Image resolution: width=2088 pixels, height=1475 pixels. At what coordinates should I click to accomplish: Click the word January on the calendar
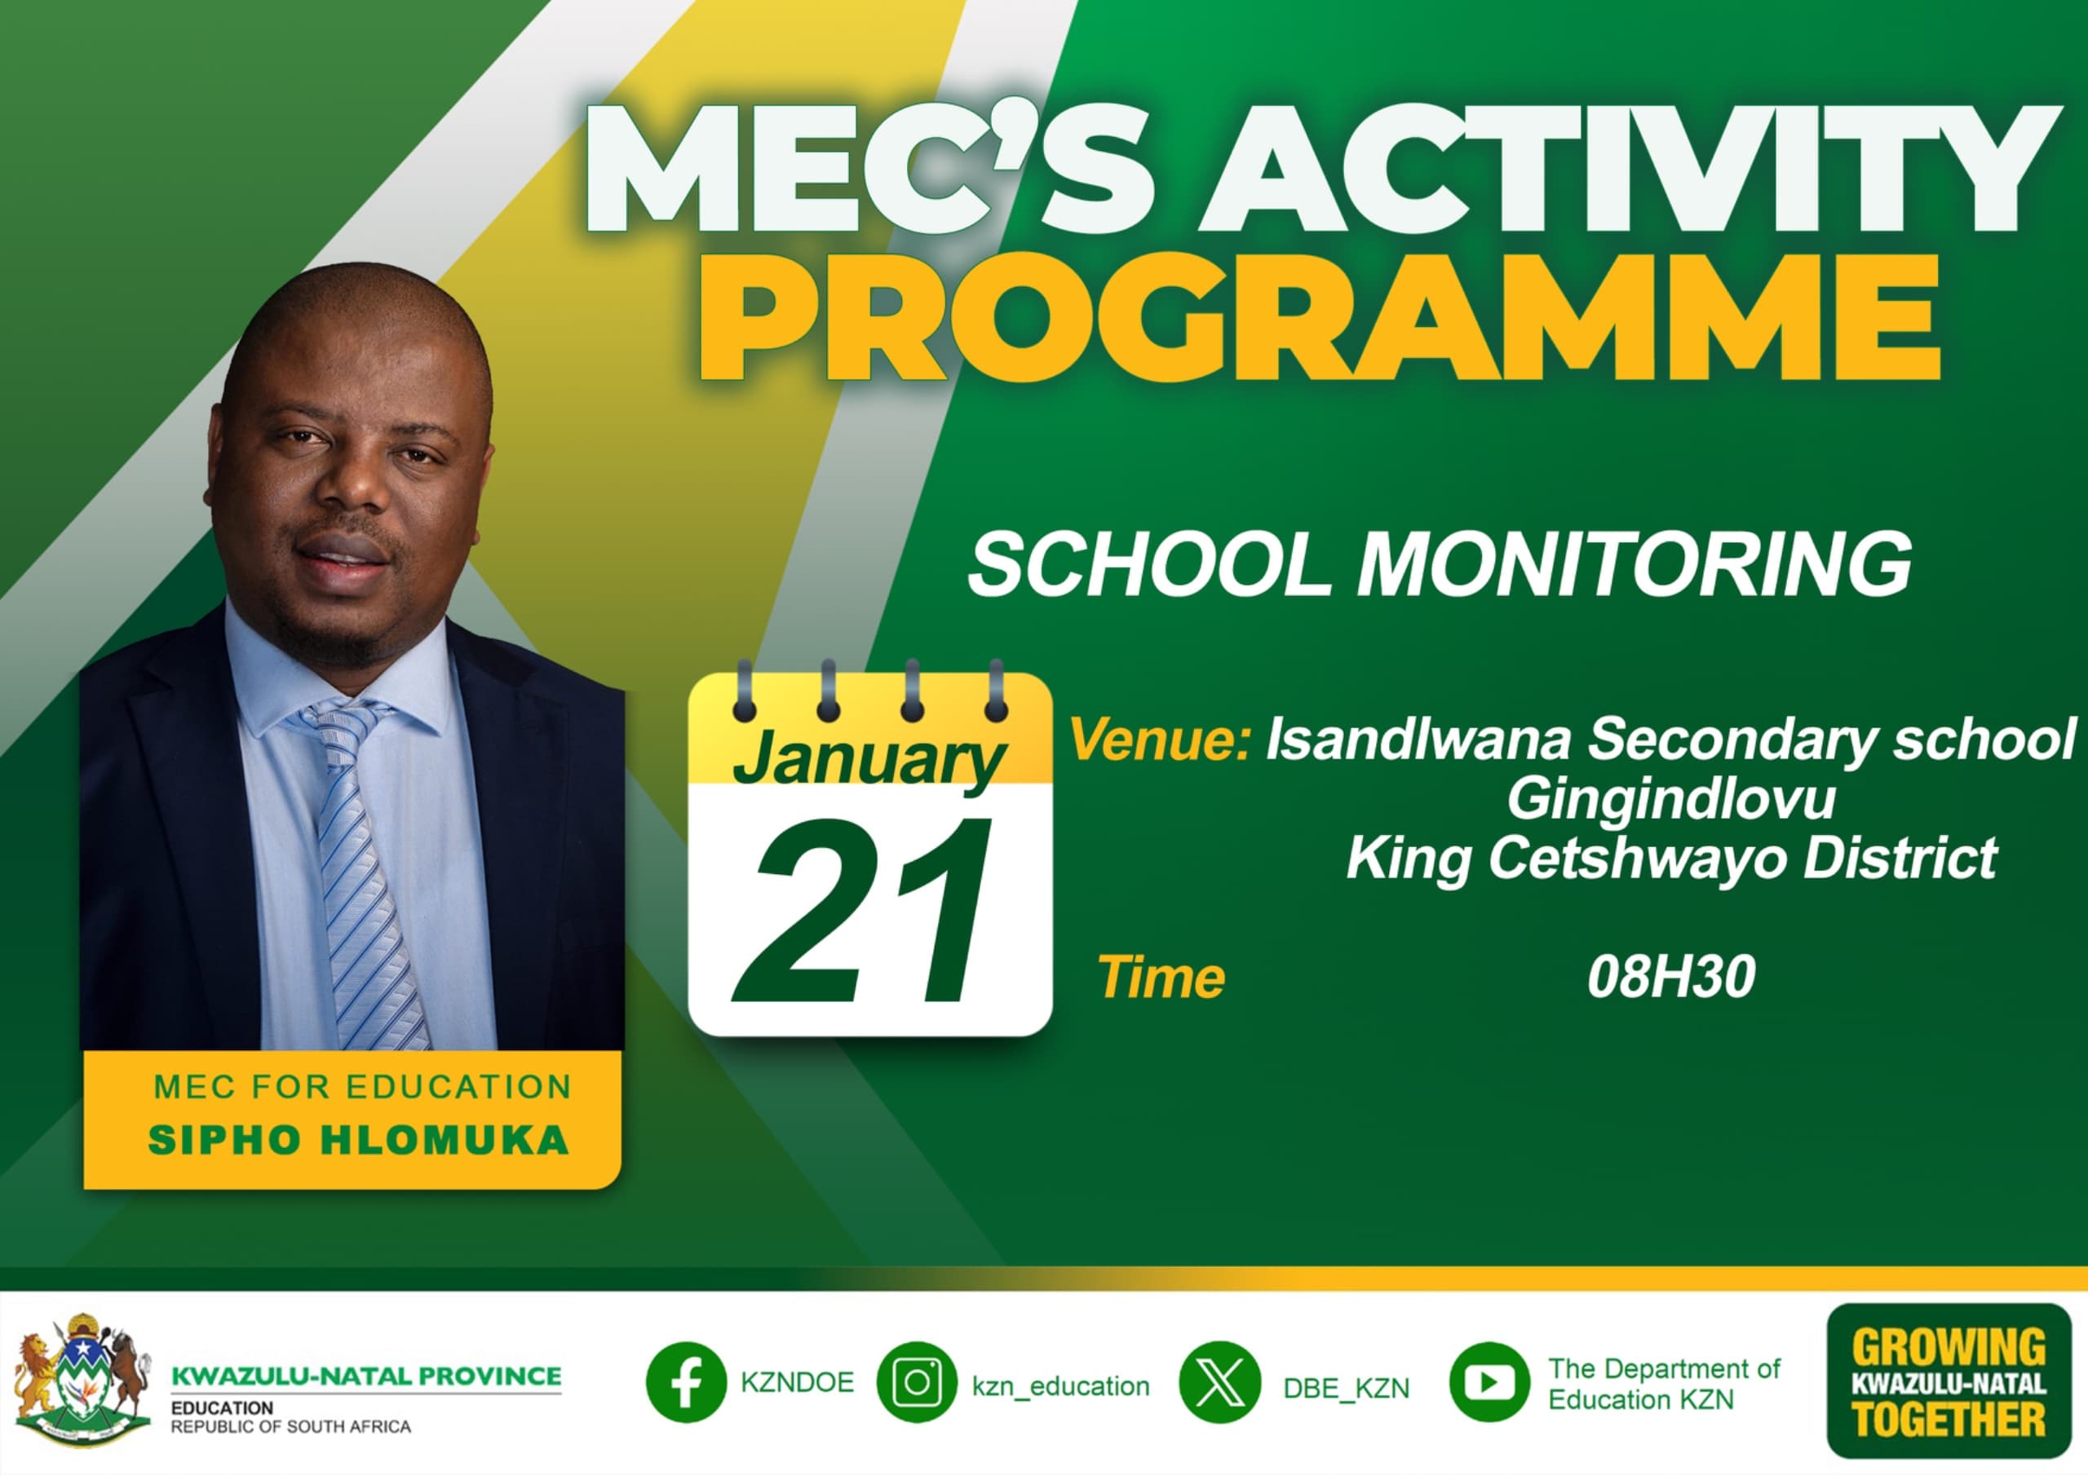[869, 759]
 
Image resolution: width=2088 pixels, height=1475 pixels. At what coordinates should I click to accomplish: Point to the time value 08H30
[1671, 978]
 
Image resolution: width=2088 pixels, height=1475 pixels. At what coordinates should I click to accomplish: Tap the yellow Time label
[1161, 978]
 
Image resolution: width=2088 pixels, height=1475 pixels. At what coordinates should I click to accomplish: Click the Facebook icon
[686, 1382]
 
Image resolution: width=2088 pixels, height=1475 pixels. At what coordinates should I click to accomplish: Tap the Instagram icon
[917, 1382]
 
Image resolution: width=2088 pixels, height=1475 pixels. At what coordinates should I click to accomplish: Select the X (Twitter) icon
[1219, 1382]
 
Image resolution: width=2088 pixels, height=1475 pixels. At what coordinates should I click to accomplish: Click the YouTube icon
[1489, 1382]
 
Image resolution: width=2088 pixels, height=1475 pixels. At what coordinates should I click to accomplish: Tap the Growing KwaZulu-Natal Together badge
[1949, 1381]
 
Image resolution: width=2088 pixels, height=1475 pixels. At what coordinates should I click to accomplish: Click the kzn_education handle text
[1060, 1386]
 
